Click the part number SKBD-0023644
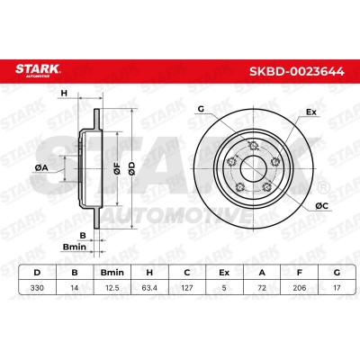pyautogui.click(x=297, y=72)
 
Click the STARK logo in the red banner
pyautogui.click(x=38, y=70)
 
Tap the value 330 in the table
pyautogui.click(x=37, y=288)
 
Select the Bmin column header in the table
pyautogui.click(x=112, y=273)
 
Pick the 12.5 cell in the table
pyautogui.click(x=112, y=288)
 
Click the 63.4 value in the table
pyautogui.click(x=149, y=288)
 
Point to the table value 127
pyautogui.click(x=187, y=288)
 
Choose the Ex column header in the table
pyautogui.click(x=224, y=273)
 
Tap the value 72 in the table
pyautogui.click(x=262, y=288)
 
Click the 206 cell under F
pyautogui.click(x=300, y=288)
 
